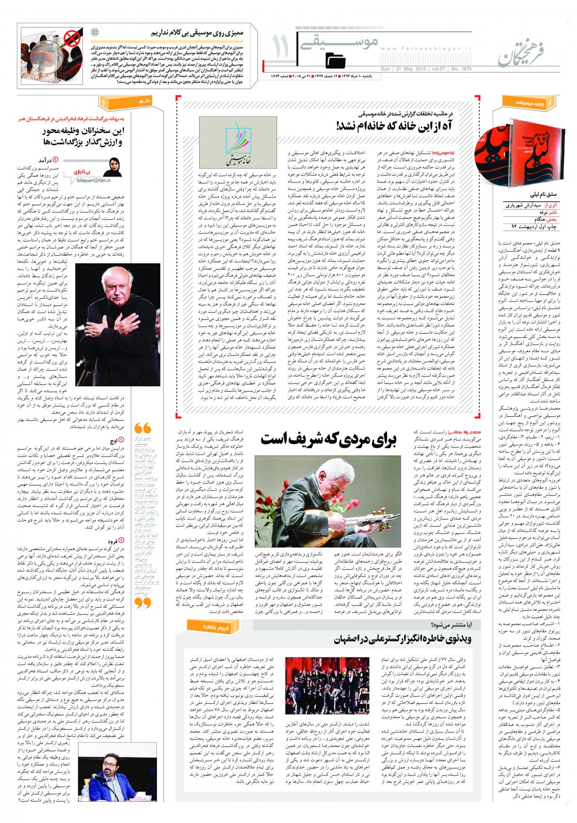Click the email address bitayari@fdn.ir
[x=92, y=180]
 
